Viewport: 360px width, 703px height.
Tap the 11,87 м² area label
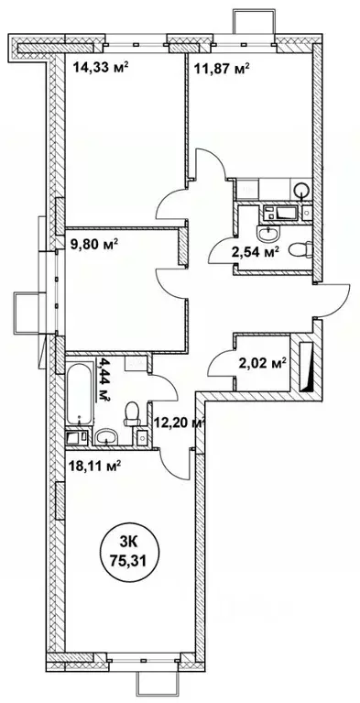tap(220, 65)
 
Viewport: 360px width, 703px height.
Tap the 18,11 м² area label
tap(95, 465)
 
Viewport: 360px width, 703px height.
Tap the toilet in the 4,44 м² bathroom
tap(130, 414)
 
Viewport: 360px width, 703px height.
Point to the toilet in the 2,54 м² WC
tap(299, 249)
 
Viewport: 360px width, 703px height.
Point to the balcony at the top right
tap(247, 20)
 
